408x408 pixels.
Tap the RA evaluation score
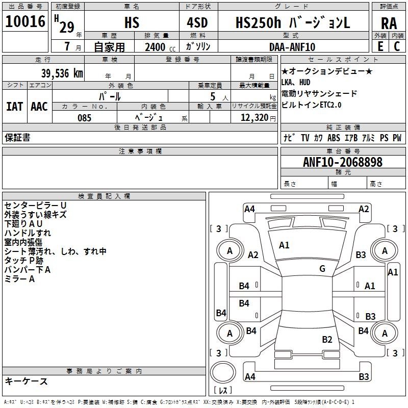pos(389,23)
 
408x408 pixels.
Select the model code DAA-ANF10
pos(292,46)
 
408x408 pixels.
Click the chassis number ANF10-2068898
pos(342,162)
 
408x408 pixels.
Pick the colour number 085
pos(84,118)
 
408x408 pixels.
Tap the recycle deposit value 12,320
pos(253,118)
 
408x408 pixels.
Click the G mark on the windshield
pos(322,269)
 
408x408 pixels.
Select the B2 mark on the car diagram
pos(327,339)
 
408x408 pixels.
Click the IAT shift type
pos(14,107)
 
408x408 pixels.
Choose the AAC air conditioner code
pos(39,107)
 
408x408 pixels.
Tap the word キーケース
pos(26,381)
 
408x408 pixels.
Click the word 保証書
pos(17,138)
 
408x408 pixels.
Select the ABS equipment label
pos(334,138)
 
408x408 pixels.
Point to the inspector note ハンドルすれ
pos(28,233)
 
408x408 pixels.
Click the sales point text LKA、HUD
pos(295,82)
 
